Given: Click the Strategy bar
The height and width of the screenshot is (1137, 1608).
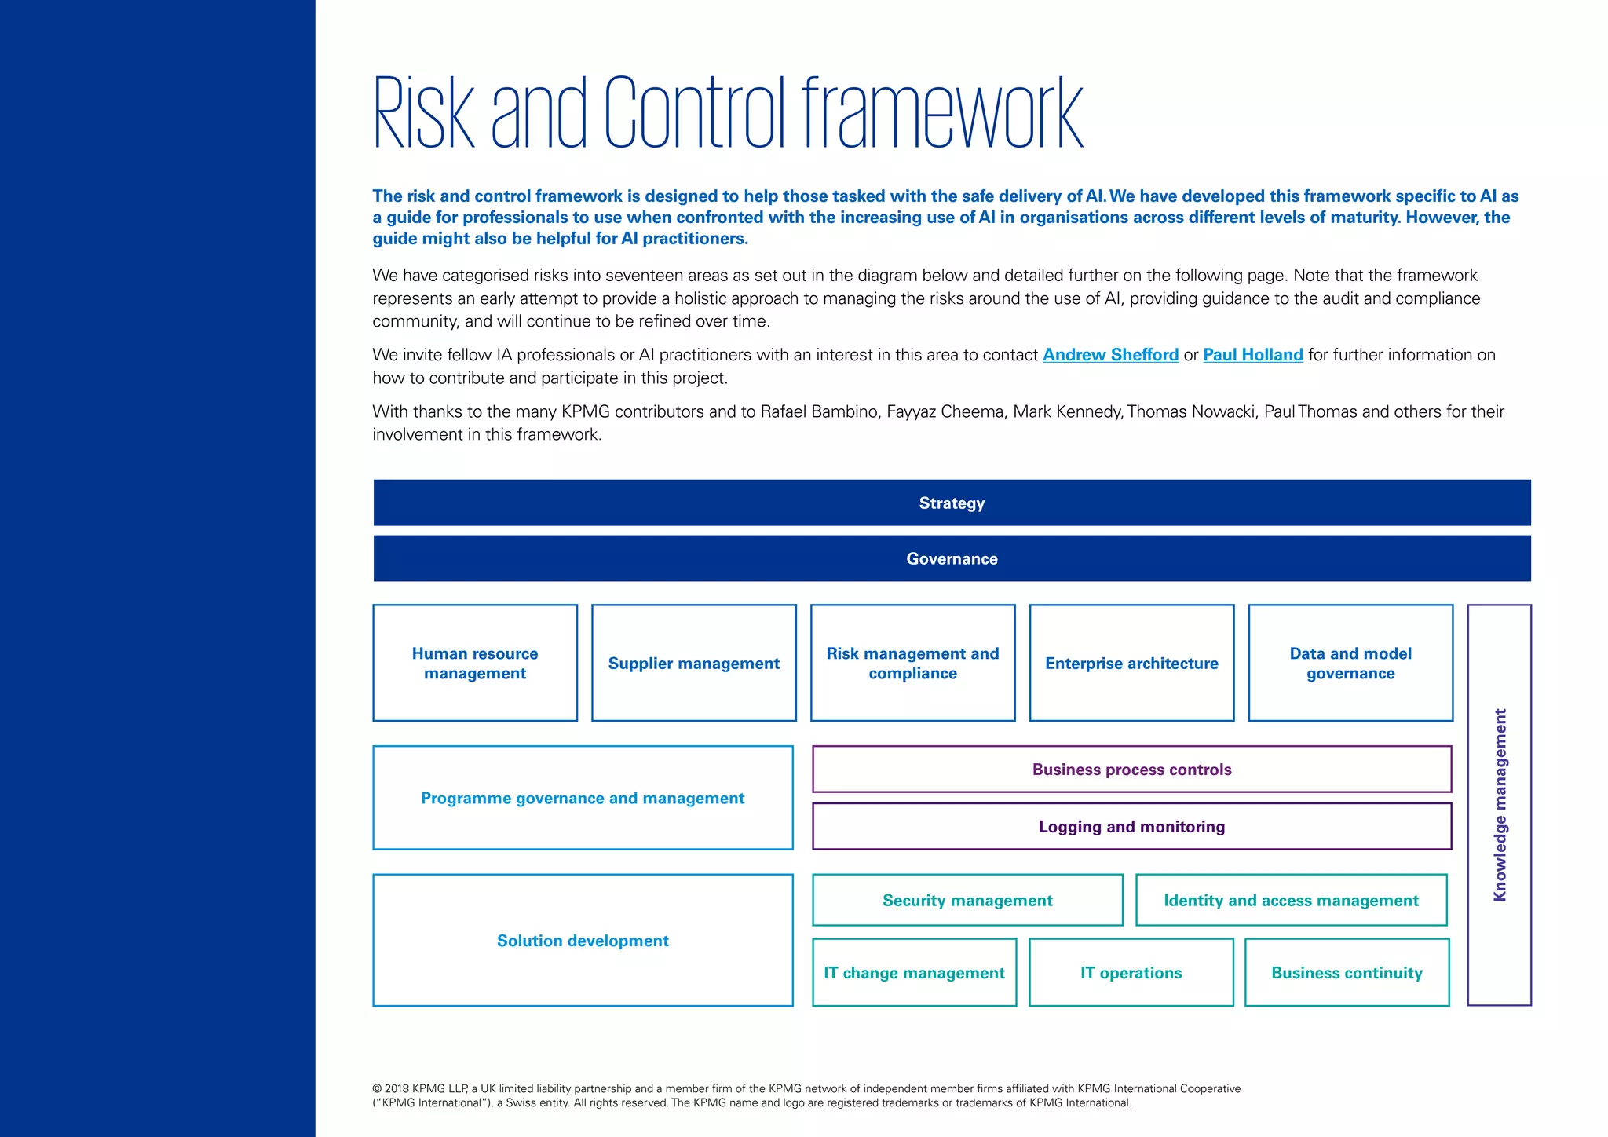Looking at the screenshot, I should [x=952, y=503].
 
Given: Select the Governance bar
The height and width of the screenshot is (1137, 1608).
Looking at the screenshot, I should [x=952, y=558].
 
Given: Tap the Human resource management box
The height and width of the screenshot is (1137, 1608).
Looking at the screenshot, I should [x=475, y=663].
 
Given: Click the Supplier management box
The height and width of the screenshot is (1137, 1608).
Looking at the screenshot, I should [x=693, y=663].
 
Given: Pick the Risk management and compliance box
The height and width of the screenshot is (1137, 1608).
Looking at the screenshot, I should [x=912, y=663].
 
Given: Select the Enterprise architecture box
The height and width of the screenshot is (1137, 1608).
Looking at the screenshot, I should [x=1131, y=663].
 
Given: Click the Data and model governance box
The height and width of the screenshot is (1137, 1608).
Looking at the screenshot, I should [x=1350, y=663].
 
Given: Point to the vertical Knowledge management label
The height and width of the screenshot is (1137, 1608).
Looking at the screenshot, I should [x=1500, y=805].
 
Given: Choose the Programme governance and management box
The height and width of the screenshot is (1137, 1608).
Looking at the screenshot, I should [x=583, y=798].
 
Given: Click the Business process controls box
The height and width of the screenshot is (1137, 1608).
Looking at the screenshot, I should [x=1131, y=770].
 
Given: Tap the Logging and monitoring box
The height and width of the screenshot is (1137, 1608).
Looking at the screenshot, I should [x=1131, y=826].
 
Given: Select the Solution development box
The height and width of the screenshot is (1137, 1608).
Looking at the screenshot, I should [x=583, y=940].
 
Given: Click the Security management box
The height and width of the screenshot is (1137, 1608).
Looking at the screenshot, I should [x=967, y=900].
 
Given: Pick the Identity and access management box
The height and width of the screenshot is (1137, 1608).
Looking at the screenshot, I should [x=1291, y=900].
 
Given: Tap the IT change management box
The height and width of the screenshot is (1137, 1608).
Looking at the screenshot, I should [x=914, y=972].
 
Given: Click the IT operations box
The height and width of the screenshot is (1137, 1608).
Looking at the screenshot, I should [x=1131, y=972].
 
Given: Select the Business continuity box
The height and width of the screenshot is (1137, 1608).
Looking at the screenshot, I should [x=1347, y=972].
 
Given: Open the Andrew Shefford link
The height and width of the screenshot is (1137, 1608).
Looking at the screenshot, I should [x=1110, y=355].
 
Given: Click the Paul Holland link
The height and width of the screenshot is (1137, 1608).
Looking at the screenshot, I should [x=1252, y=355].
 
